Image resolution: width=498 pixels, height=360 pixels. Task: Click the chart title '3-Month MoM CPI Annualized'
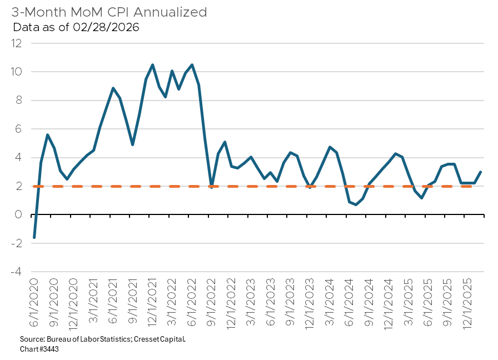point(109,12)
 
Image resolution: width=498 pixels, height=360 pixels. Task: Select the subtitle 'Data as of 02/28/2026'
point(76,27)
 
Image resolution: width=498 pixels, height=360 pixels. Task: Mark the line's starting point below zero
point(34,238)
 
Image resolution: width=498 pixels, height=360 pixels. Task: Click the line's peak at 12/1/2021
point(153,65)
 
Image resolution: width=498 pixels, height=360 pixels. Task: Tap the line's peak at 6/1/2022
point(192,65)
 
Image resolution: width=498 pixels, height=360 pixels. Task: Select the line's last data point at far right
point(481,172)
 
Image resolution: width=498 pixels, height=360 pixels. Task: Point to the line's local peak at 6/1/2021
point(113,88)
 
